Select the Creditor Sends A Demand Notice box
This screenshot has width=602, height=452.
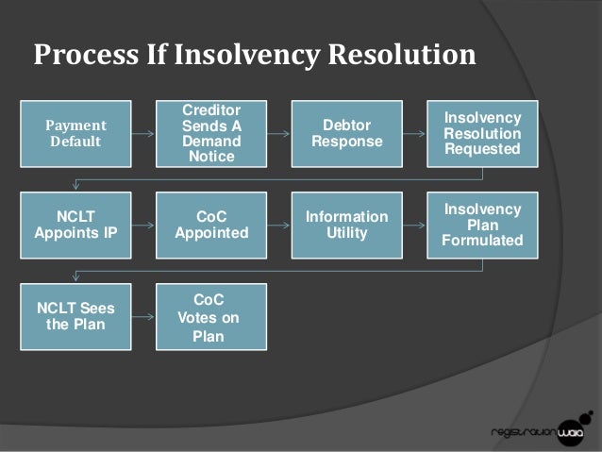tap(211, 134)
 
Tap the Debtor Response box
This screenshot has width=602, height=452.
tap(346, 134)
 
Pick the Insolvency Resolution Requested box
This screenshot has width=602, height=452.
tap(481, 134)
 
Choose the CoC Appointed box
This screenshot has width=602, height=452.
tap(211, 225)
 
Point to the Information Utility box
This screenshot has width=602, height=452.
tap(346, 225)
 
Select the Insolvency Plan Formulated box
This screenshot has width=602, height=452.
tap(481, 225)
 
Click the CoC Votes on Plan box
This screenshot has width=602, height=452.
tap(211, 316)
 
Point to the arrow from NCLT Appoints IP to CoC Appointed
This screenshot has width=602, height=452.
tap(144, 226)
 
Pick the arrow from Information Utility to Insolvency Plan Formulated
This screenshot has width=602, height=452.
tap(414, 226)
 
